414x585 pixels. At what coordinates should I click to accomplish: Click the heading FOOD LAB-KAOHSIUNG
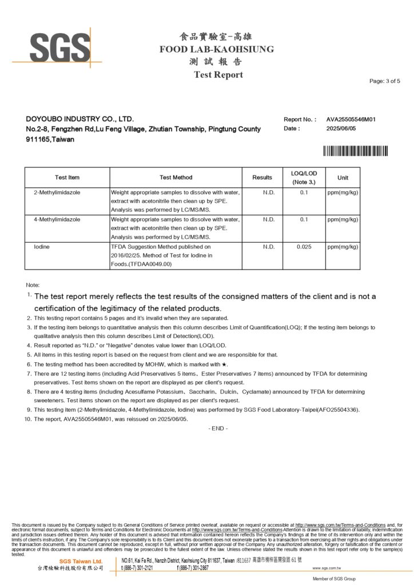(x=217, y=49)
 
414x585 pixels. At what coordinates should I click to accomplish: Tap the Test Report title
(x=218, y=74)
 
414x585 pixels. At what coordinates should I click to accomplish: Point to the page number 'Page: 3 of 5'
(x=385, y=81)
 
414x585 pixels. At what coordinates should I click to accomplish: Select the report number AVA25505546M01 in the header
(x=351, y=119)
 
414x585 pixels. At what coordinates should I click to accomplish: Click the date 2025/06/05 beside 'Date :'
(x=343, y=129)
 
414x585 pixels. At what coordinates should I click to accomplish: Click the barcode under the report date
(x=355, y=151)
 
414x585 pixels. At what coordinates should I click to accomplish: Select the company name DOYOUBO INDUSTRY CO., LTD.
(x=80, y=119)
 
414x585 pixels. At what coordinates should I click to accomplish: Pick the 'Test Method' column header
(x=176, y=178)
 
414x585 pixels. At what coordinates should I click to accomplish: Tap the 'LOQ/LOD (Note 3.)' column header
(x=304, y=178)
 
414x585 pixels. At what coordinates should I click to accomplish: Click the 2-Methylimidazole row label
(x=57, y=193)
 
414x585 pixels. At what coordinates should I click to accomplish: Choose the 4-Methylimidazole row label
(x=57, y=219)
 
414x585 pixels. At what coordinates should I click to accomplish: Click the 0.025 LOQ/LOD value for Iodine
(x=304, y=246)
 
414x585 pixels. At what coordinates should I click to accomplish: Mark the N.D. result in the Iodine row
(x=269, y=246)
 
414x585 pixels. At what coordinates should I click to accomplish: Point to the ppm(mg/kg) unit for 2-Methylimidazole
(x=343, y=193)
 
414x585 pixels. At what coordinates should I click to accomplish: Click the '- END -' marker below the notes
(x=218, y=428)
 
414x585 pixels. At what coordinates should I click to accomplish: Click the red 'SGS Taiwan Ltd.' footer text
(x=81, y=562)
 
